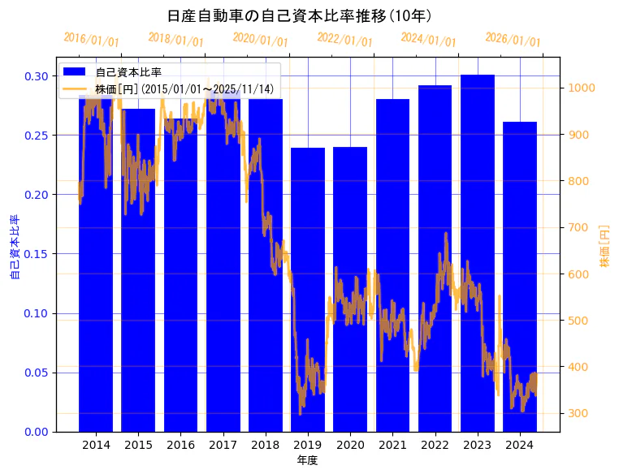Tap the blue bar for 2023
tap(478, 252)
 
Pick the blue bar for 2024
tap(520, 276)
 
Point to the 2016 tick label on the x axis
tap(180, 445)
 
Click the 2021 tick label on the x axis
tap(392, 445)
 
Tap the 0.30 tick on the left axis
tap(36, 76)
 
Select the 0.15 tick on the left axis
tap(36, 254)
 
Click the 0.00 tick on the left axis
tap(36, 432)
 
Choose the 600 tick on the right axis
tap(580, 274)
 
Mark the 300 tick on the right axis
tap(580, 414)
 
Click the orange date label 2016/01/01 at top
tap(91, 40)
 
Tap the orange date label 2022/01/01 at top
tap(344, 40)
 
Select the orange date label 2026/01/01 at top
tap(513, 40)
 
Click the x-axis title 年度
tap(307, 460)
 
